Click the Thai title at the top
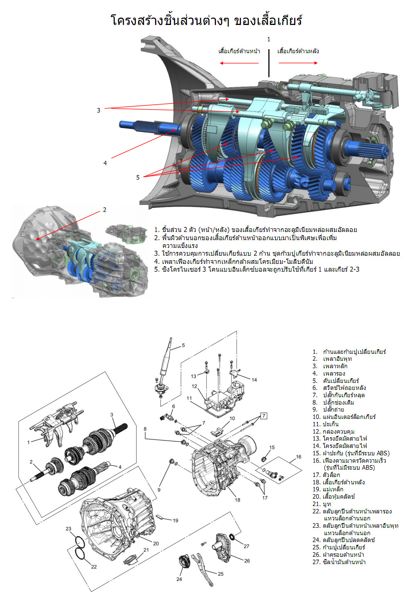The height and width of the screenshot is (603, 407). [x=207, y=20]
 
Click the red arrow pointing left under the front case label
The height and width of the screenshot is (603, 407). [x=239, y=63]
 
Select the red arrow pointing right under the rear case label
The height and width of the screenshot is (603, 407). [x=298, y=63]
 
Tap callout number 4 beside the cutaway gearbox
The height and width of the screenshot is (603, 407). [x=105, y=163]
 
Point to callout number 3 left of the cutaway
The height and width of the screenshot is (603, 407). [x=99, y=110]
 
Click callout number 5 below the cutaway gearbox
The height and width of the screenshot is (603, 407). [x=138, y=178]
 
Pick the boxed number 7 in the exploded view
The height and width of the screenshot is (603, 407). [x=264, y=416]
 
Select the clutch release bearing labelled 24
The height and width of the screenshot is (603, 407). [x=184, y=564]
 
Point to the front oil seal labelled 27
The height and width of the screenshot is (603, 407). [x=232, y=537]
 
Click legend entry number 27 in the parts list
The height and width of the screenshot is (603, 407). [x=339, y=562]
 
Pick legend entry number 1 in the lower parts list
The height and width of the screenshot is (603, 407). [x=349, y=351]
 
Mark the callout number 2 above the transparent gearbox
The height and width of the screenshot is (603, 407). [x=105, y=210]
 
